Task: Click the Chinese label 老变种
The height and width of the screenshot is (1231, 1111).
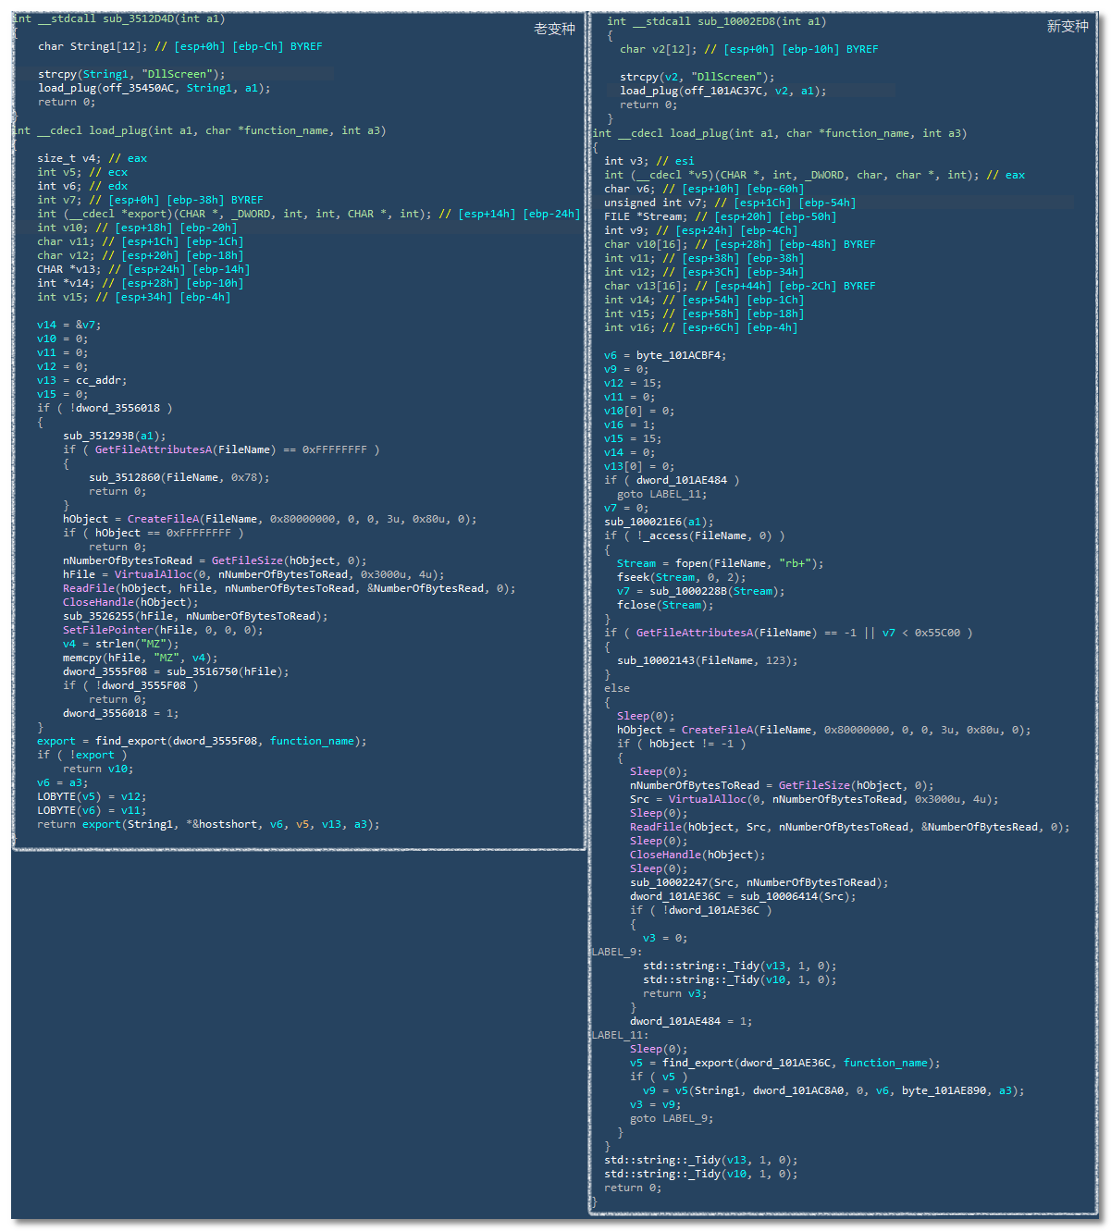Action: click(554, 29)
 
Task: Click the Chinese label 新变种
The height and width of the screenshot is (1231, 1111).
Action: click(1067, 26)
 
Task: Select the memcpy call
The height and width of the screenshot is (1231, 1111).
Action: click(81, 658)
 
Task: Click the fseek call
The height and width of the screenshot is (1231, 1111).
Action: click(633, 577)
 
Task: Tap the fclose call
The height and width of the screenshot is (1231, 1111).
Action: click(636, 605)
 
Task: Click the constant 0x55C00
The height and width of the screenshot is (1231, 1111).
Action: click(937, 633)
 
